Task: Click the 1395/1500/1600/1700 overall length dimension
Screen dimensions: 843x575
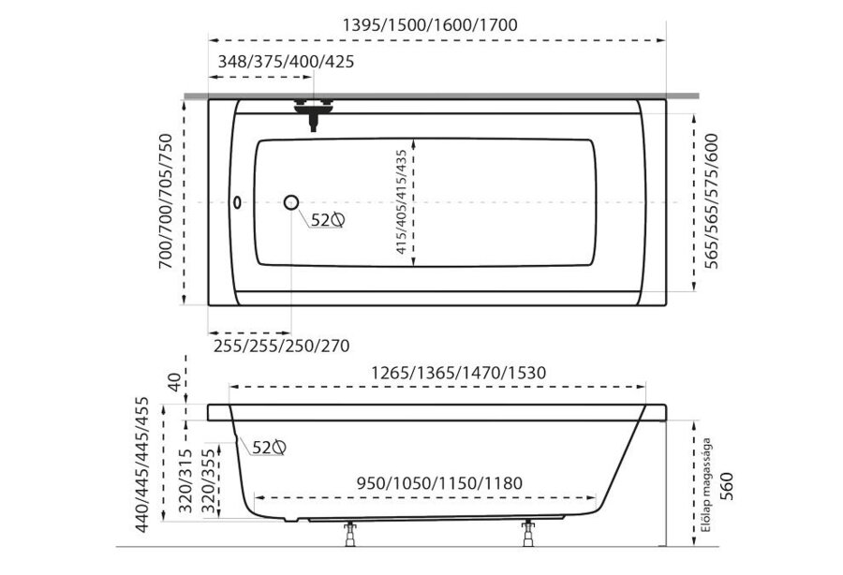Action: (430, 24)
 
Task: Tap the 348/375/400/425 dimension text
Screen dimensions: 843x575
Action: (286, 62)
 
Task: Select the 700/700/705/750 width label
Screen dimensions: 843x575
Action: (166, 201)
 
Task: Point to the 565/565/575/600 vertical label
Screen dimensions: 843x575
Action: (711, 201)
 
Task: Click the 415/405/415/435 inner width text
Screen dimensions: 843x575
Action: (402, 202)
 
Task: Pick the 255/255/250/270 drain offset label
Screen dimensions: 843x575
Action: (282, 346)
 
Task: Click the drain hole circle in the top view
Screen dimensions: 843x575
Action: (291, 202)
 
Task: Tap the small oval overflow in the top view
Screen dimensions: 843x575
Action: (237, 202)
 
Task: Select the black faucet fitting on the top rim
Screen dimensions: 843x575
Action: (314, 114)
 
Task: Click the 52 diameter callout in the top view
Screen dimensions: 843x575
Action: (328, 220)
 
